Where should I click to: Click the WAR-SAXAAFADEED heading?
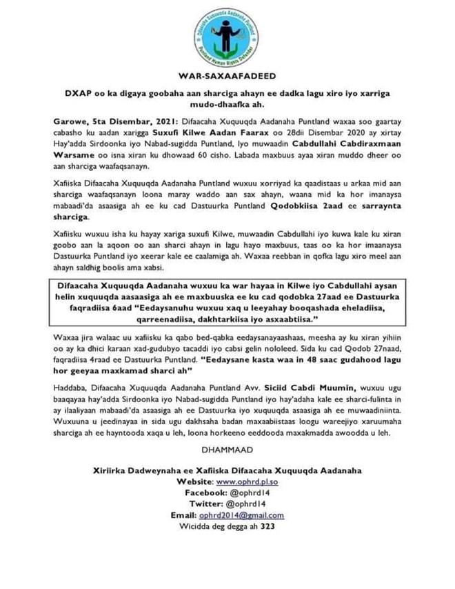[227, 75]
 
